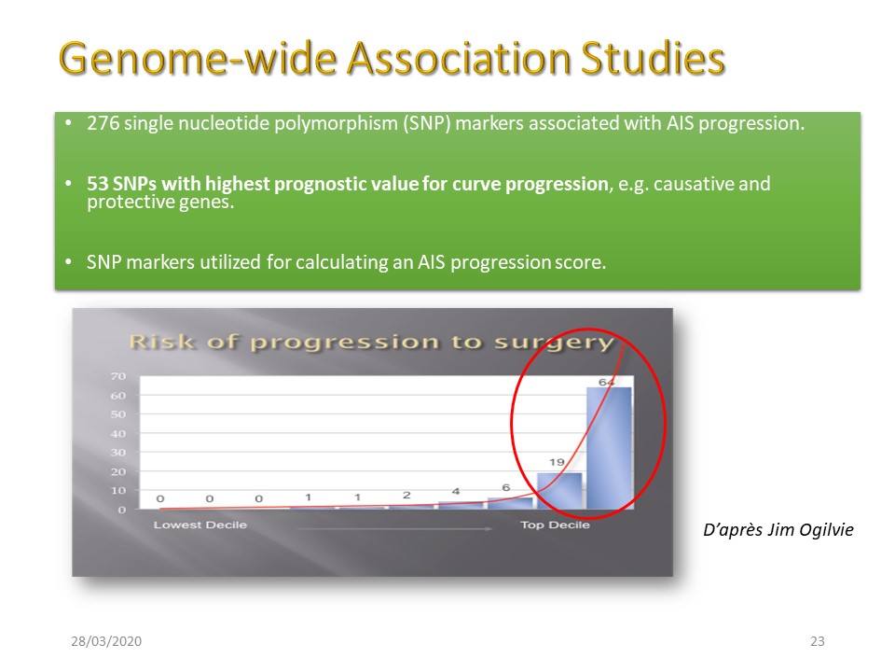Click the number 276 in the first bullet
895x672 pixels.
click(x=103, y=123)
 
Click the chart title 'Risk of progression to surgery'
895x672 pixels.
click(x=372, y=343)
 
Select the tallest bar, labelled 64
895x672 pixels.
click(x=609, y=448)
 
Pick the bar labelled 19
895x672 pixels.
click(x=559, y=491)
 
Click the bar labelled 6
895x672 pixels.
click(x=510, y=503)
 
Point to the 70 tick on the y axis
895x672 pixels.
click(x=118, y=376)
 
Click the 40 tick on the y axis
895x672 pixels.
click(x=118, y=433)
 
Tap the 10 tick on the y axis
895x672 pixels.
click(x=118, y=490)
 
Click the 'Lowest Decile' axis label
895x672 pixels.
click(x=200, y=525)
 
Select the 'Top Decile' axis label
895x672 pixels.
click(x=555, y=525)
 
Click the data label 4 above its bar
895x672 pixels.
click(x=456, y=491)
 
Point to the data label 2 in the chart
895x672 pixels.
click(x=406, y=495)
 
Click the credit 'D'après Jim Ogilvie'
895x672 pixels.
click(x=778, y=530)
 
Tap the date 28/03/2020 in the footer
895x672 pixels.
click(x=106, y=641)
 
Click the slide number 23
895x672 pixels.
click(x=818, y=641)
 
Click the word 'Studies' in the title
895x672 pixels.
click(x=653, y=59)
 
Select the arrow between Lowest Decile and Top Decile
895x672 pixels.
click(x=395, y=529)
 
